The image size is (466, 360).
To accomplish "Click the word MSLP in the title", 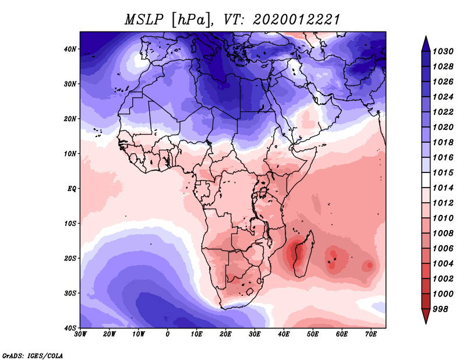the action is coord(144,20).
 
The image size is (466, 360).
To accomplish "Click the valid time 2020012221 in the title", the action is coord(296,20).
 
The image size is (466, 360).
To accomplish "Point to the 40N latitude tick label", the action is coord(70,49).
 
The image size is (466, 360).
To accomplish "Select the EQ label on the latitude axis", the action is coord(72,189).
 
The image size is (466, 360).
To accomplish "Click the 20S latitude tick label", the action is coord(70,258).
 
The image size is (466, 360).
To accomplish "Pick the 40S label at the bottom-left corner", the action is coord(70,328).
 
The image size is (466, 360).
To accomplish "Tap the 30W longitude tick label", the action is coord(80,334).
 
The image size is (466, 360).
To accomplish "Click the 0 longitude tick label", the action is coord(168,334).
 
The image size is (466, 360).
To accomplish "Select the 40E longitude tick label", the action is coord(284,334).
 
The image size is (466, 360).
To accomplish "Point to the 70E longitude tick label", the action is coord(371,334).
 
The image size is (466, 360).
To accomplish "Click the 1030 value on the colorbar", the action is coord(443,51).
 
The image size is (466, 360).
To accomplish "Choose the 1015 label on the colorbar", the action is coord(443,172).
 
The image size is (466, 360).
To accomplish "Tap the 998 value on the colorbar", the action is coord(440,309).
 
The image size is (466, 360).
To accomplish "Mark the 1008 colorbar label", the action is coord(443,234).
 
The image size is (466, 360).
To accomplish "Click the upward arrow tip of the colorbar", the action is coord(426,37).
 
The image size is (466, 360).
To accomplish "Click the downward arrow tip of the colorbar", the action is coord(426,323).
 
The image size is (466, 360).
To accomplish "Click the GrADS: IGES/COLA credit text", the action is coord(33,355).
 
